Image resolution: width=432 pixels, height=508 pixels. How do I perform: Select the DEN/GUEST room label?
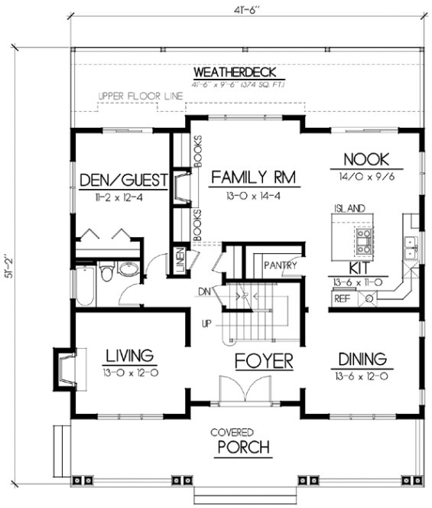[123, 181]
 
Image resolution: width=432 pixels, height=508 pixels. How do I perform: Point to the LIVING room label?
[129, 356]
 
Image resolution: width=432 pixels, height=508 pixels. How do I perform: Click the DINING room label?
[360, 358]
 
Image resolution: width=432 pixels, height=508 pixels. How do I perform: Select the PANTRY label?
[279, 265]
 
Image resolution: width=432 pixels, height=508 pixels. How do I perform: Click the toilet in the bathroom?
[107, 271]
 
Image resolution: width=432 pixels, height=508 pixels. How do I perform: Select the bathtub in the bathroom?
[85, 284]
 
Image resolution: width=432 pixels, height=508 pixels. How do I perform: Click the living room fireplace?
[63, 368]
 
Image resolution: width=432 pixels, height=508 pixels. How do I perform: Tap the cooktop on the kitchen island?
[362, 241]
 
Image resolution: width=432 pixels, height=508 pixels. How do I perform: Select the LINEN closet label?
[179, 261]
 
